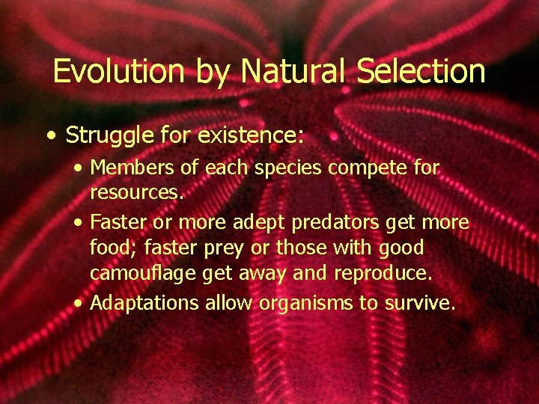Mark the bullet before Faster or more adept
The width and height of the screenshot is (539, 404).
[79, 223]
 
